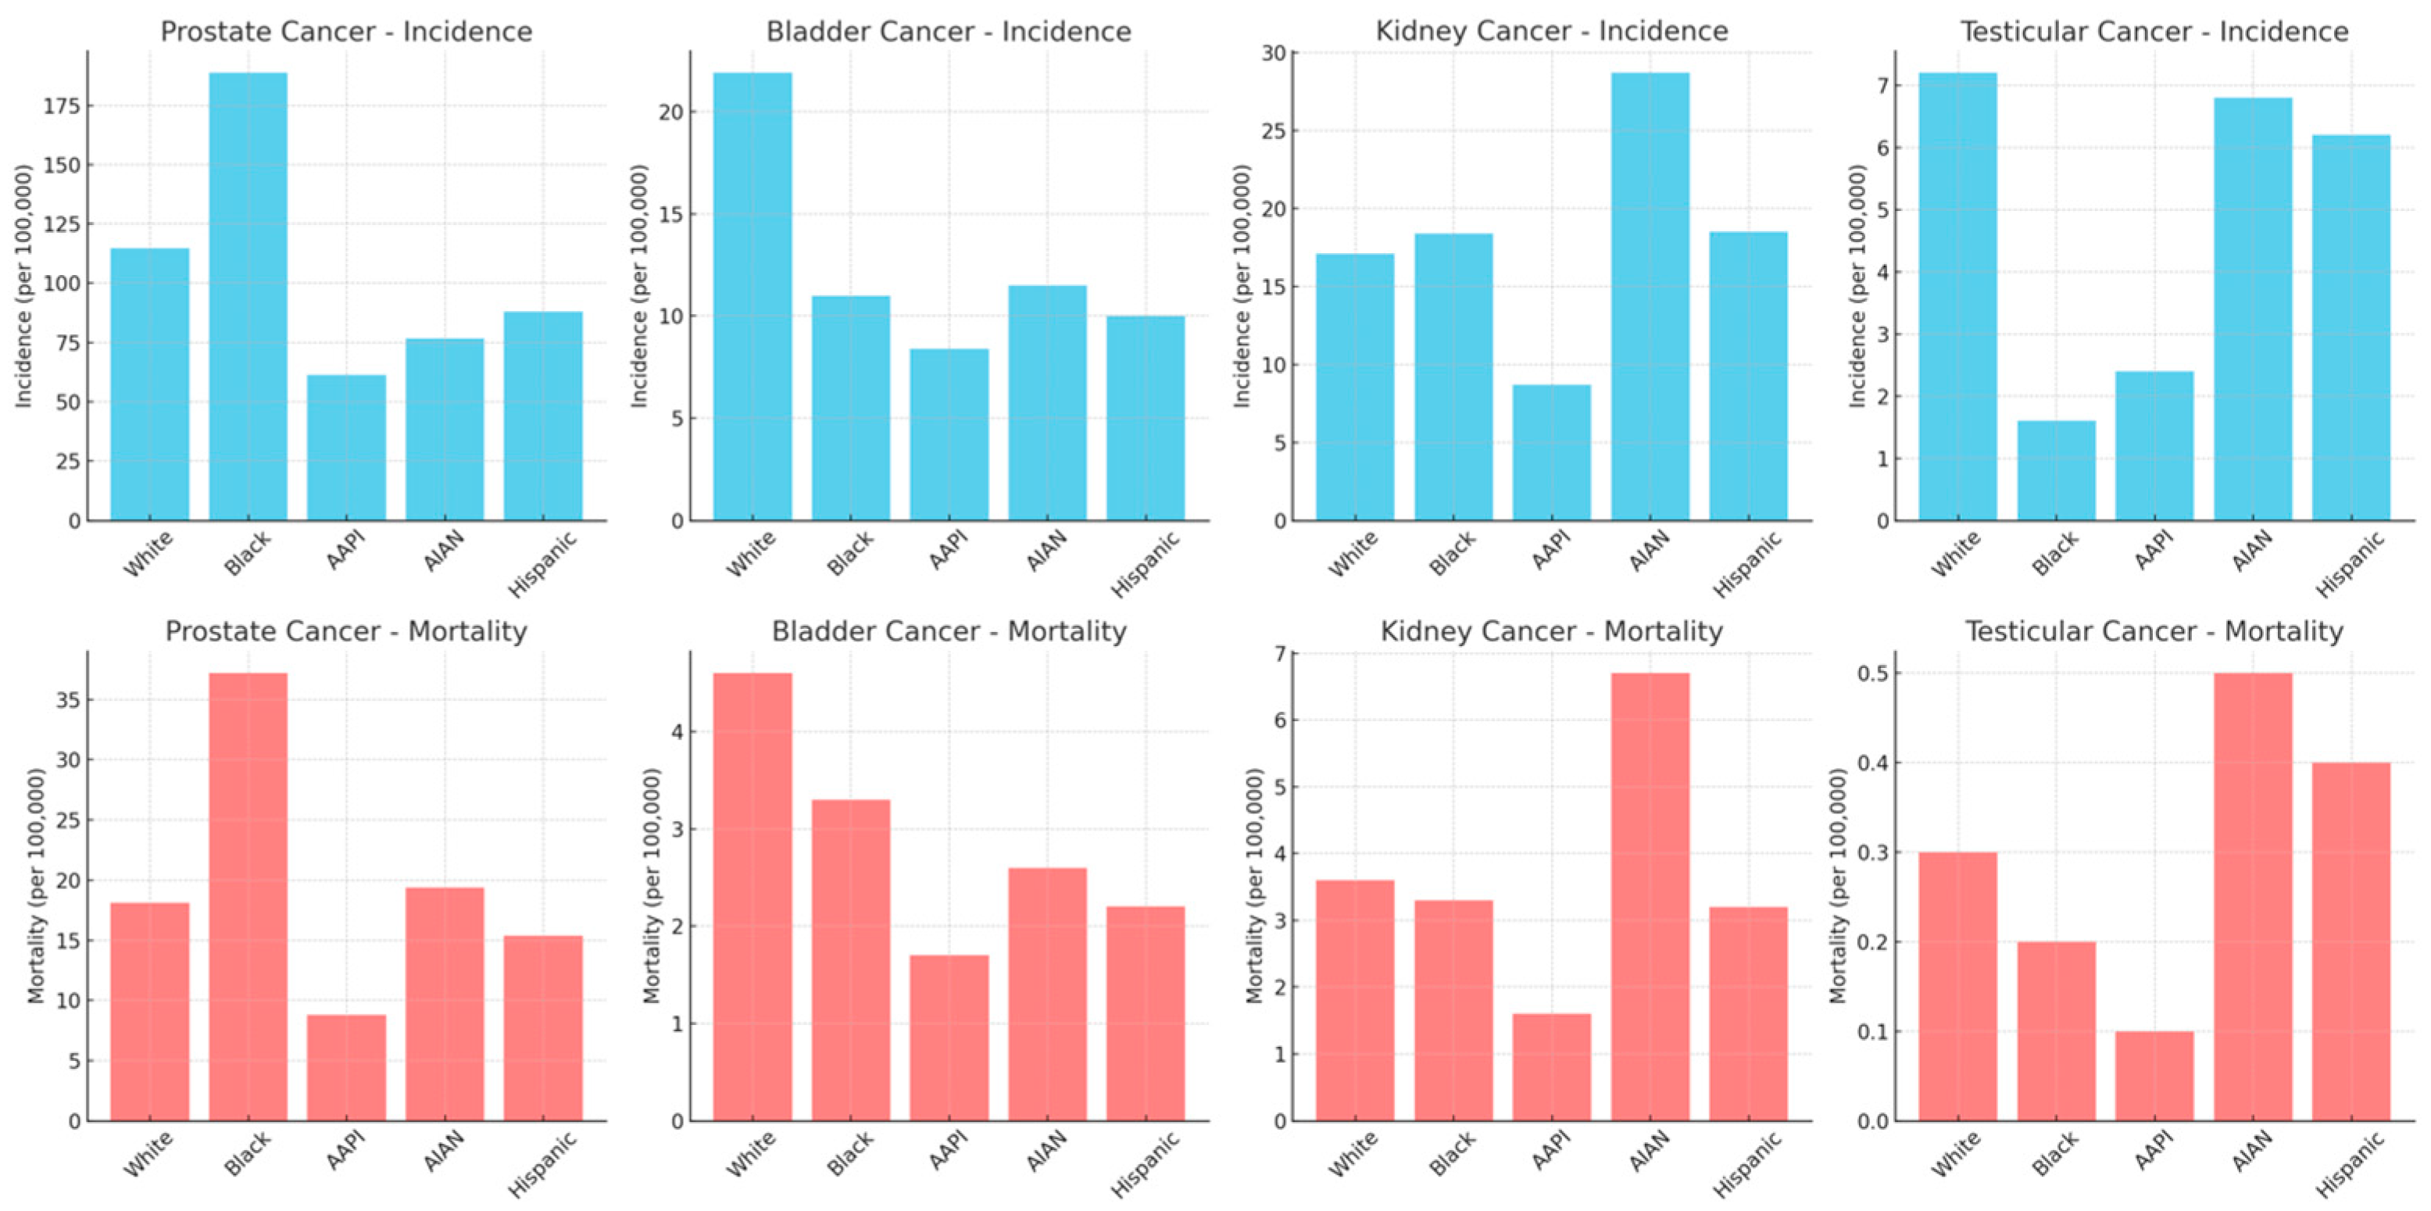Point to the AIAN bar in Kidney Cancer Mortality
pos(1650,897)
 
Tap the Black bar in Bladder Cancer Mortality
pos(850,960)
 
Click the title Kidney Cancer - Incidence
pos(1551,31)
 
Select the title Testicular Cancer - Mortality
pos(2154,631)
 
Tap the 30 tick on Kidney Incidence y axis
pos(1273,53)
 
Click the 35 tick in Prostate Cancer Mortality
pos(68,700)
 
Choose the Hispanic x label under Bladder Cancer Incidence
pos(1146,564)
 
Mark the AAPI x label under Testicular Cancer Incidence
pos(2155,550)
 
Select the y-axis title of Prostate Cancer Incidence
pos(23,286)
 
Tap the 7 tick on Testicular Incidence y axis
pos(1882,86)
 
